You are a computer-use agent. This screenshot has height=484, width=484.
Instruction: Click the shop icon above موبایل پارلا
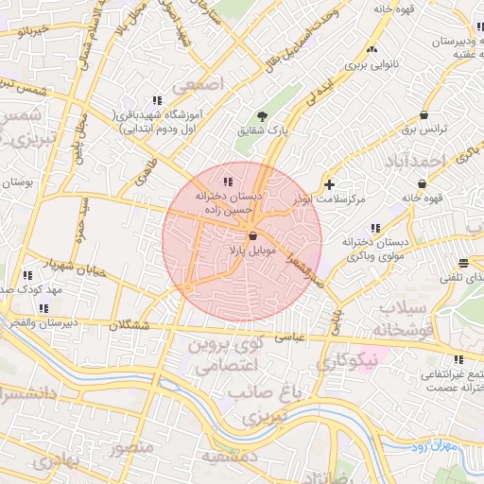(252, 236)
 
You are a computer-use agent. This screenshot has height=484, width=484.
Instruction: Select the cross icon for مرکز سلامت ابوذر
(329, 184)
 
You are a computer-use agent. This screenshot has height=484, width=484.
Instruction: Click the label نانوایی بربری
(366, 65)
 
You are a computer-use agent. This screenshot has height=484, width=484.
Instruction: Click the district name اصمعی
(223, 83)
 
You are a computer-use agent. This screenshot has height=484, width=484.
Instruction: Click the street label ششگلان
(130, 324)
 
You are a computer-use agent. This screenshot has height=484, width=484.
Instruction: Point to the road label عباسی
(289, 335)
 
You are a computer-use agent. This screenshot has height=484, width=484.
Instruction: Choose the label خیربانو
(26, 30)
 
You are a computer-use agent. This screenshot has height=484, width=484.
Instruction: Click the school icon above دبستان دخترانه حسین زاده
(227, 181)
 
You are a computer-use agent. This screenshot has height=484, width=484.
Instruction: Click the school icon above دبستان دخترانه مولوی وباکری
(376, 228)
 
